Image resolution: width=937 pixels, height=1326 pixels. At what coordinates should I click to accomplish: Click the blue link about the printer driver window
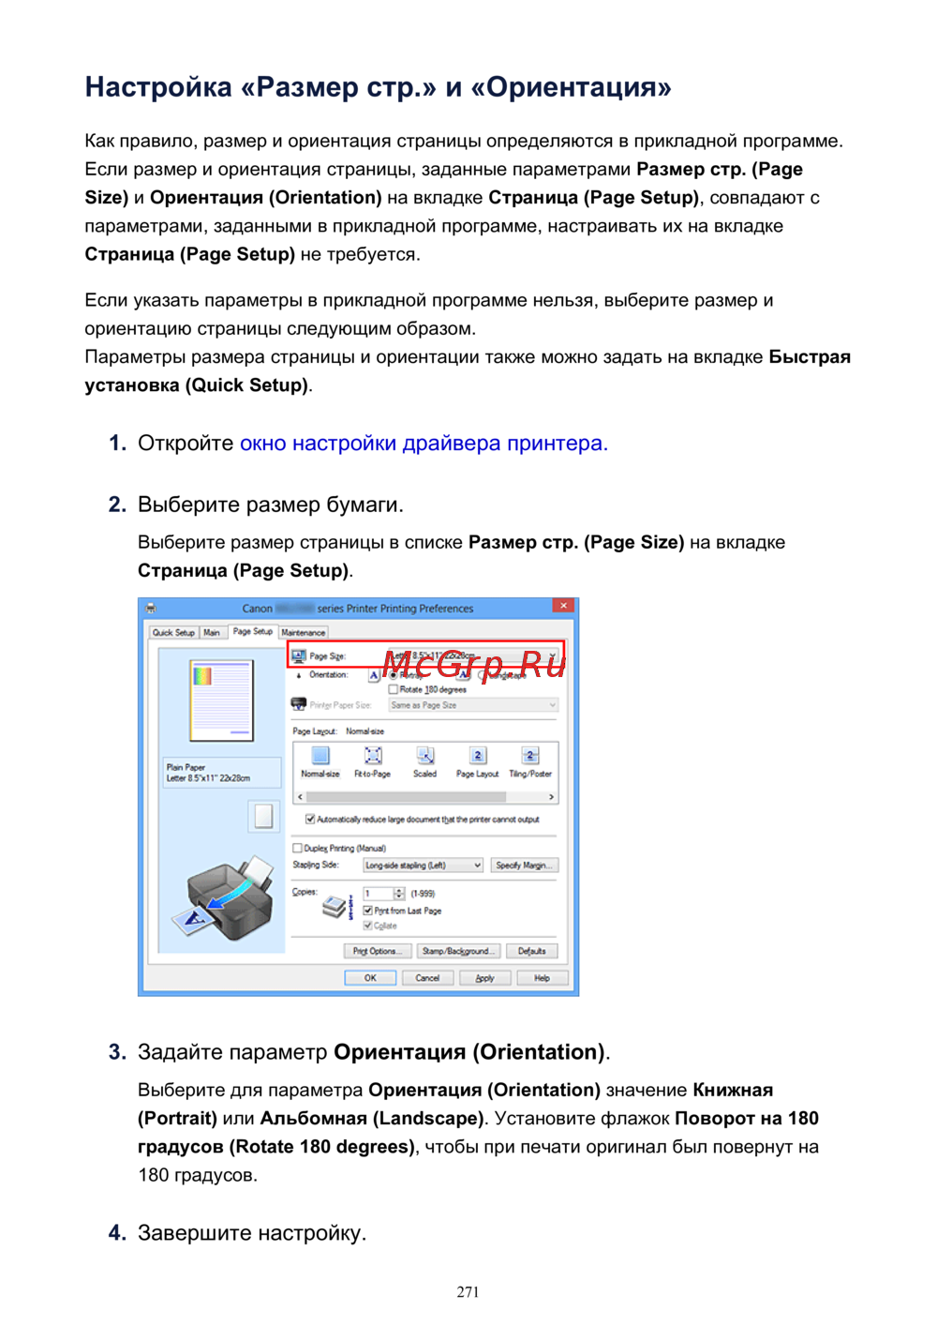pos(424,444)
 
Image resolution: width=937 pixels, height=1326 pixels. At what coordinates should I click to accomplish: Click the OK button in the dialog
pos(370,978)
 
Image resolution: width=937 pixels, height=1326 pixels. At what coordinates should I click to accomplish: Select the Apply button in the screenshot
pos(484,978)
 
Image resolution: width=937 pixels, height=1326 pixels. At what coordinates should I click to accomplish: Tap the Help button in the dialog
pos(542,978)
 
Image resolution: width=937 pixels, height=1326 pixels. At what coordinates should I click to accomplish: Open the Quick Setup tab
pos(173,633)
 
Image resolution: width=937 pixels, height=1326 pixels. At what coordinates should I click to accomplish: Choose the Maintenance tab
pos(304,633)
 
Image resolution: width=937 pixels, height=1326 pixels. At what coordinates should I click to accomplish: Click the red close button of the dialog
pos(563,607)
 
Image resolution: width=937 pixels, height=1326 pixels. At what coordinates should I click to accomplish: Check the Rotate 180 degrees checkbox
pos(394,689)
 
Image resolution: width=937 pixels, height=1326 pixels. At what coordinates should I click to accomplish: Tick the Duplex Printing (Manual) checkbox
pos(298,848)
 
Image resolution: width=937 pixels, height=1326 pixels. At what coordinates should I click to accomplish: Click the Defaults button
pos(531,951)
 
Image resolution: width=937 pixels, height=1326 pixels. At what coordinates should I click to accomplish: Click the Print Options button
pos(377,951)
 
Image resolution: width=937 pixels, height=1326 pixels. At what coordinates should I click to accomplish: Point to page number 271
pos(468,1292)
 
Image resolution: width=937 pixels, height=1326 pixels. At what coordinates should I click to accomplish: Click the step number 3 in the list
pos(116,1052)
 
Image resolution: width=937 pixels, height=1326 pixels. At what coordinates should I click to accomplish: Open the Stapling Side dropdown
pos(424,866)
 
